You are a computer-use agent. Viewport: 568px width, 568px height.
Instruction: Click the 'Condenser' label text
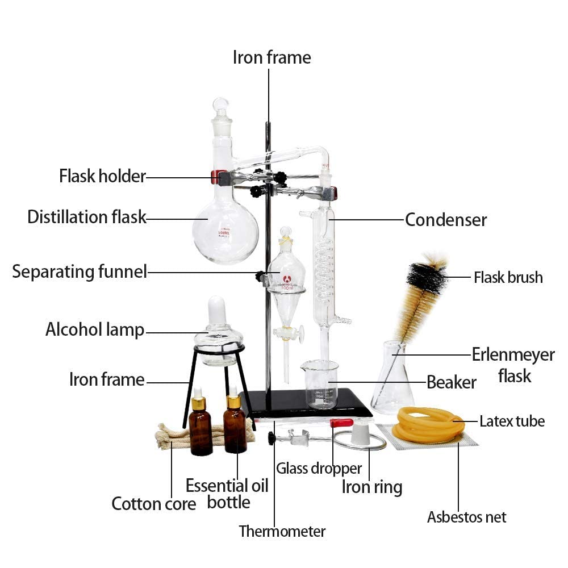click(x=446, y=219)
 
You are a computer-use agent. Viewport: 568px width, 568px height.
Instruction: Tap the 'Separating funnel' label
click(x=80, y=272)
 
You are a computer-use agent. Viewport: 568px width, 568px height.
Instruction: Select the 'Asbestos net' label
click(x=466, y=517)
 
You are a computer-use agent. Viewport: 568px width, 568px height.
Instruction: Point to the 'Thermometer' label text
click(x=282, y=532)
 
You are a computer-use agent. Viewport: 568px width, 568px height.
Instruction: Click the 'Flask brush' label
click(x=508, y=278)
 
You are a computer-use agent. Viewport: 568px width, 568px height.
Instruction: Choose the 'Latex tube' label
click(x=512, y=421)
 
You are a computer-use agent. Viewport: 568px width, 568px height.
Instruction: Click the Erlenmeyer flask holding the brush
click(x=392, y=378)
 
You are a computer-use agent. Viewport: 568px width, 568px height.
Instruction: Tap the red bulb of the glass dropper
click(x=341, y=423)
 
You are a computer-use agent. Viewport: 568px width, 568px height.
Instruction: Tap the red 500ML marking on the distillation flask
click(x=223, y=233)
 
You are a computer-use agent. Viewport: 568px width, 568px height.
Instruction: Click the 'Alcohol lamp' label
click(x=95, y=330)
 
